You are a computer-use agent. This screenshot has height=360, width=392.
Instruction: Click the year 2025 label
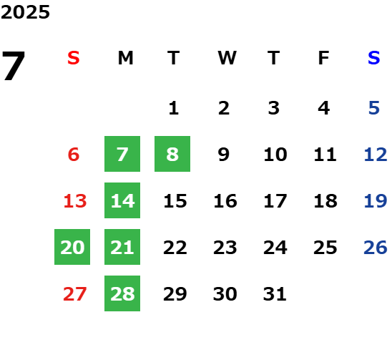(x=25, y=12)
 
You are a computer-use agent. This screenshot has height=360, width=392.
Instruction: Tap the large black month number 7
(x=14, y=66)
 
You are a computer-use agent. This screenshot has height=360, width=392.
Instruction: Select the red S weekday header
(x=74, y=58)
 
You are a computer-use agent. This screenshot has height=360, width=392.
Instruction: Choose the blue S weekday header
(x=374, y=58)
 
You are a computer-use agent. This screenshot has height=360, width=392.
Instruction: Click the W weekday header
(x=227, y=58)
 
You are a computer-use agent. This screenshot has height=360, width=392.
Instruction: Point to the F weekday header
(x=324, y=58)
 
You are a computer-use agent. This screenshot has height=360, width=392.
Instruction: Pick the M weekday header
(x=125, y=58)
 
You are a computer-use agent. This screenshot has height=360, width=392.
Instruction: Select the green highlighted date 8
(x=172, y=154)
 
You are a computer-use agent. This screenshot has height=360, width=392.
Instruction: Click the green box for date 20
(x=72, y=247)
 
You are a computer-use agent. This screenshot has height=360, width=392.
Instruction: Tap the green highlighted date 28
(x=122, y=293)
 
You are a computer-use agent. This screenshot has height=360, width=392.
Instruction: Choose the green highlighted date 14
(x=122, y=200)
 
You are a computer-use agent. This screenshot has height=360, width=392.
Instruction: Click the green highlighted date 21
(x=122, y=247)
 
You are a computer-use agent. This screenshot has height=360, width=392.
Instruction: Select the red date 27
(x=75, y=293)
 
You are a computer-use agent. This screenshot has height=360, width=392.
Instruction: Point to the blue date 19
(x=376, y=200)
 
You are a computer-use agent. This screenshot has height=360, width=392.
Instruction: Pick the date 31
(x=275, y=293)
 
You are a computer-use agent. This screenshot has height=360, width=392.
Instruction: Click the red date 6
(x=74, y=154)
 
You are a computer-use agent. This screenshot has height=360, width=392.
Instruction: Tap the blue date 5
(x=374, y=108)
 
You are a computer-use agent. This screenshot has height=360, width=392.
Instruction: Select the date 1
(x=174, y=108)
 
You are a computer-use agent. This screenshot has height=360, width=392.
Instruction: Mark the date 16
(x=225, y=200)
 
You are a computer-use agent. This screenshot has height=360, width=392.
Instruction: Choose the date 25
(x=325, y=247)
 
